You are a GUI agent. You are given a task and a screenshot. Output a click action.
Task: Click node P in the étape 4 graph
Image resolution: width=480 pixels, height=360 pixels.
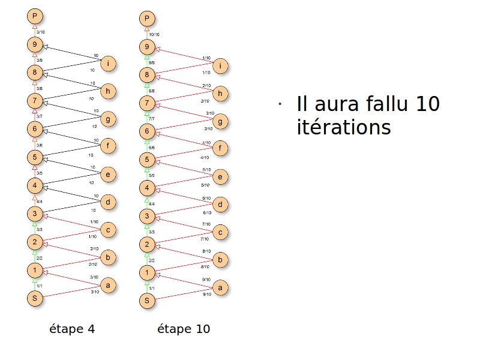(x=35, y=16)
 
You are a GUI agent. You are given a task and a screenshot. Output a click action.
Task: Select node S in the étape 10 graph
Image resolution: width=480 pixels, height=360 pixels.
(x=147, y=299)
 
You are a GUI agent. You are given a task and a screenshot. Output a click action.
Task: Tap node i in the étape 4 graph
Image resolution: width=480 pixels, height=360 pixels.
(x=108, y=64)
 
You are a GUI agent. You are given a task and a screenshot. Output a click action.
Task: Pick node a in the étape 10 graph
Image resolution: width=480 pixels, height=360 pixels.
(x=221, y=289)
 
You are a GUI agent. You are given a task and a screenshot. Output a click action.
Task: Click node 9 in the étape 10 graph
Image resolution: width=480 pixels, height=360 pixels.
(x=147, y=47)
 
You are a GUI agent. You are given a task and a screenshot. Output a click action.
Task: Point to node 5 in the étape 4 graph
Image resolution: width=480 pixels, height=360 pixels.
(x=35, y=157)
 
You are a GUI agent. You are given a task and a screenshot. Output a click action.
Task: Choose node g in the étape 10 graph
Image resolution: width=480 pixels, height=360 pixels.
(x=221, y=122)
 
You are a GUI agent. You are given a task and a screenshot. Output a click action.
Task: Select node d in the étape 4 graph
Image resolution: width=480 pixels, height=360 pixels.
(x=108, y=202)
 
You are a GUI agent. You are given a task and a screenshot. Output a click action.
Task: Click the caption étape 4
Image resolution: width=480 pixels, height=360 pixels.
(x=72, y=329)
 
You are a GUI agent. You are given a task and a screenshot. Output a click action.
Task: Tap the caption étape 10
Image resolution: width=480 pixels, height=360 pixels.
(x=184, y=329)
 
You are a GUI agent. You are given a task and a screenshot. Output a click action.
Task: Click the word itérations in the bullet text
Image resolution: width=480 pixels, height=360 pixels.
(x=343, y=127)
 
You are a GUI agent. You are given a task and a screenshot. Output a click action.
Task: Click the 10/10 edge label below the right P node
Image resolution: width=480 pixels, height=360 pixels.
(x=154, y=34)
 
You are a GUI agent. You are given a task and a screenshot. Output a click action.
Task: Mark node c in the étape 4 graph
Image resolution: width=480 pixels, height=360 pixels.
(x=108, y=230)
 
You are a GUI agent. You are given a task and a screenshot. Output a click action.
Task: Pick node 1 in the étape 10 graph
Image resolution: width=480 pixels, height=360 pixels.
(x=147, y=272)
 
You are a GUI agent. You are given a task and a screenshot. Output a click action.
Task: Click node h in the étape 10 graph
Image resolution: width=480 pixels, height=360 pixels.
(x=221, y=94)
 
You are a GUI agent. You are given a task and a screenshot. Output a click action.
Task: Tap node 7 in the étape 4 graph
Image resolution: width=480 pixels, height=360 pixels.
(x=35, y=100)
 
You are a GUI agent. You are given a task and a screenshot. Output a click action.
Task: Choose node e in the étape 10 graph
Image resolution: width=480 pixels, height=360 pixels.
(x=221, y=177)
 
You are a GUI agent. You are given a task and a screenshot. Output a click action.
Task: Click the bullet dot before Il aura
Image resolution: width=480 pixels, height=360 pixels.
(x=279, y=105)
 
